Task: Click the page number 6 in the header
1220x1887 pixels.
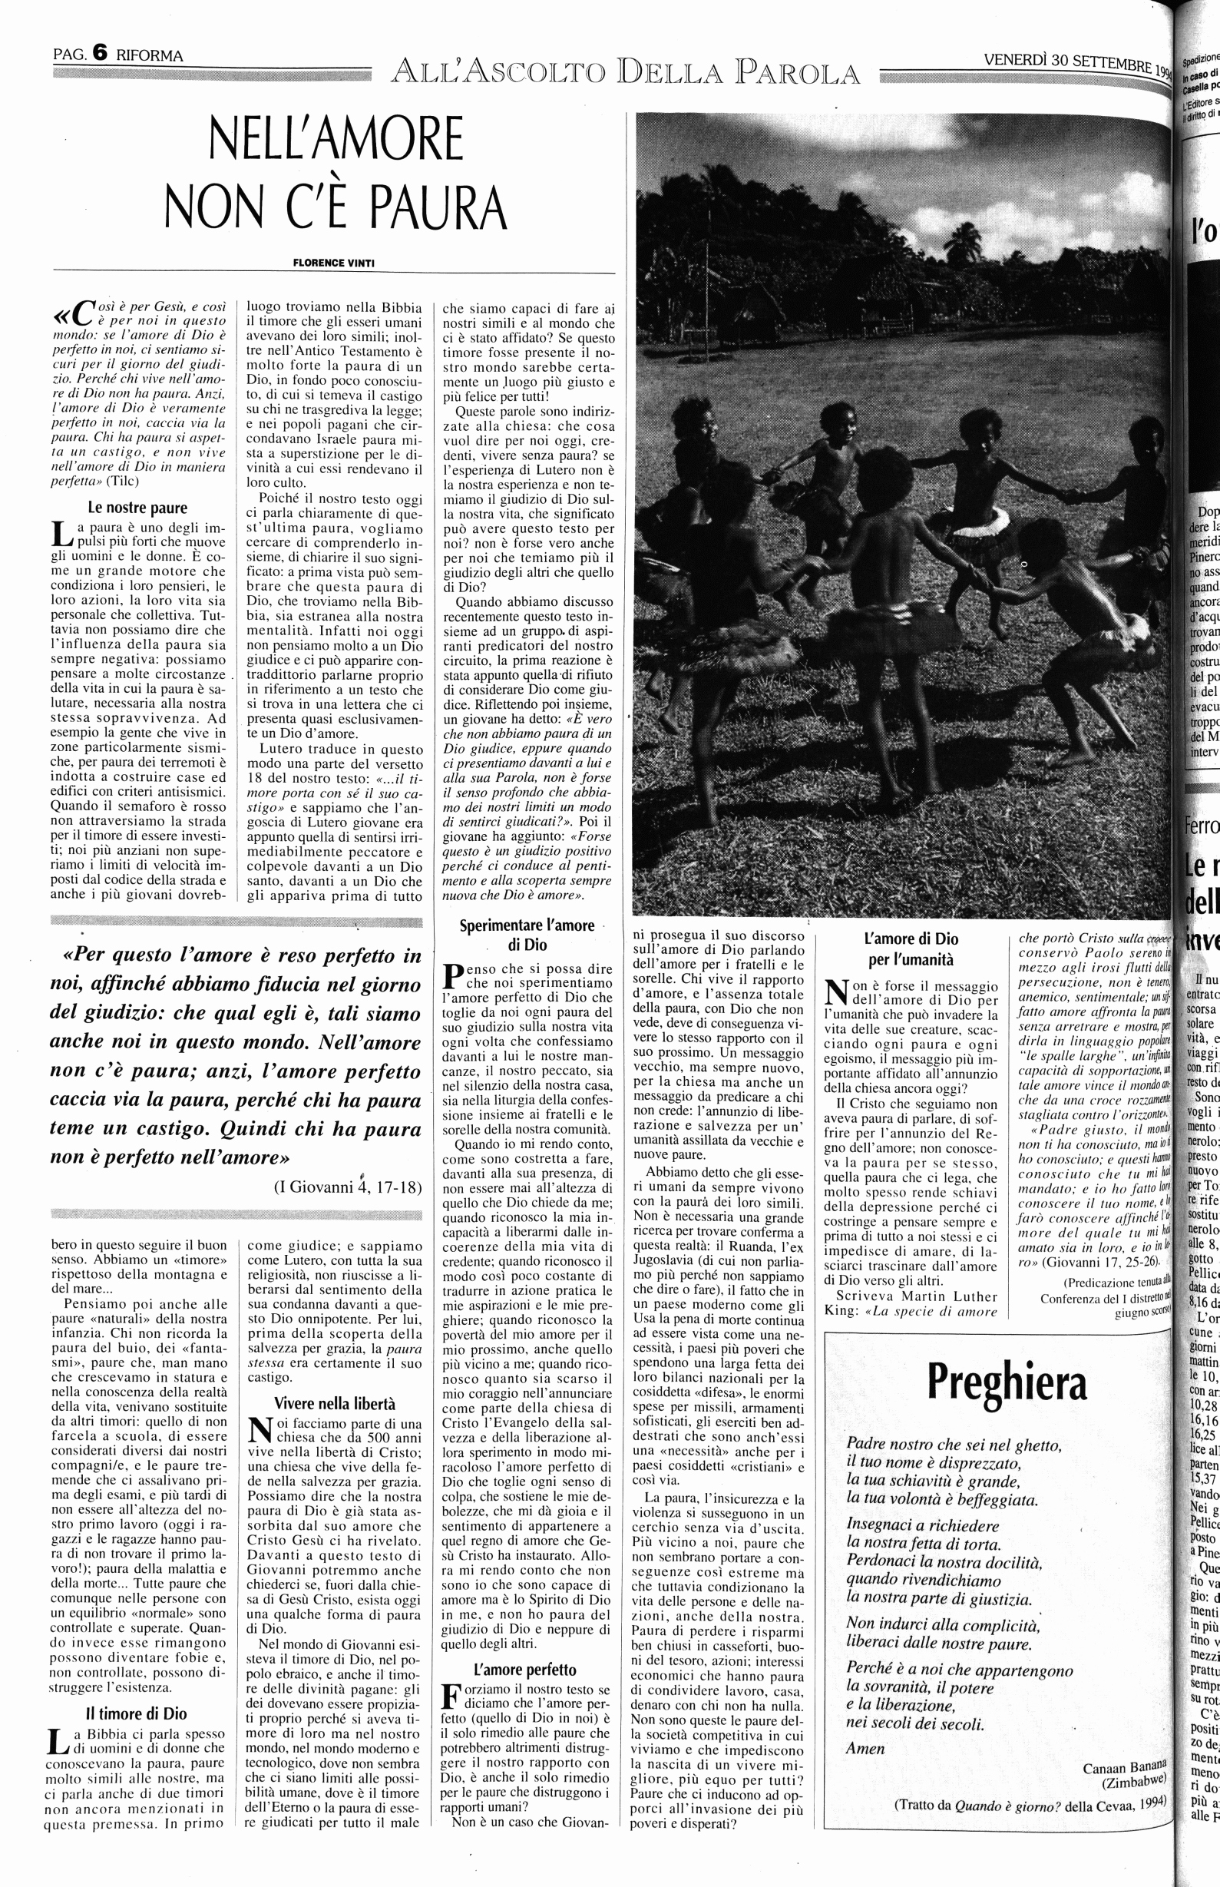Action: pos(100,53)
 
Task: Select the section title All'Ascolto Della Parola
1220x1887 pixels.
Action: pos(625,73)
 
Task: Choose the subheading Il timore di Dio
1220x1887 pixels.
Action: pos(137,1713)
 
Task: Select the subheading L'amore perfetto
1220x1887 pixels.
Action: pos(525,1669)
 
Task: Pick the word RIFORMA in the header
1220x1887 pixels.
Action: pos(150,55)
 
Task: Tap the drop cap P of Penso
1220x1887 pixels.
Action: pos(452,975)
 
